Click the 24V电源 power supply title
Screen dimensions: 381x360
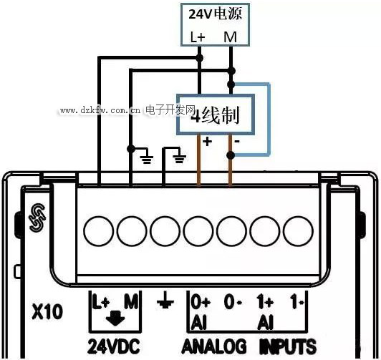[x=215, y=14]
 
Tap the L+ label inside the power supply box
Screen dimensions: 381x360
[x=198, y=37]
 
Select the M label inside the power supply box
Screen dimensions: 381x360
[x=230, y=37]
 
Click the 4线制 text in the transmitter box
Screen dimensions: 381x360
[x=215, y=115]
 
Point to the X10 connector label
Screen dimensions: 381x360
[x=47, y=312]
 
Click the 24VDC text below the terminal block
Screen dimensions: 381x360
[x=114, y=346]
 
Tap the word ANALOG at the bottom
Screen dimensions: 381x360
[x=214, y=346]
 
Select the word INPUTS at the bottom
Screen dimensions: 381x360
[x=288, y=346]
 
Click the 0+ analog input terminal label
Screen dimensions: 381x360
[x=201, y=302]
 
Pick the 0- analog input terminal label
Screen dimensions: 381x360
[x=233, y=302]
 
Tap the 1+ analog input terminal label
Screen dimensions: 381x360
[x=265, y=302]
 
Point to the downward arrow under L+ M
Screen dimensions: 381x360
[x=115, y=318]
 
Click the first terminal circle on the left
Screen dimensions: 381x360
[x=98, y=231]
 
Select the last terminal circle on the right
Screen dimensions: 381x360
[x=298, y=231]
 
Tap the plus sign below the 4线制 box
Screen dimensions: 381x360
[x=207, y=142]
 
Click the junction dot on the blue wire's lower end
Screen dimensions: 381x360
[x=231, y=155]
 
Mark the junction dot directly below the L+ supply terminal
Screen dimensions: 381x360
[x=200, y=58]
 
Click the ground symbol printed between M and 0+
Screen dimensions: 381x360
[x=165, y=303]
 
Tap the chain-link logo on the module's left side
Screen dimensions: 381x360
[x=38, y=218]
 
